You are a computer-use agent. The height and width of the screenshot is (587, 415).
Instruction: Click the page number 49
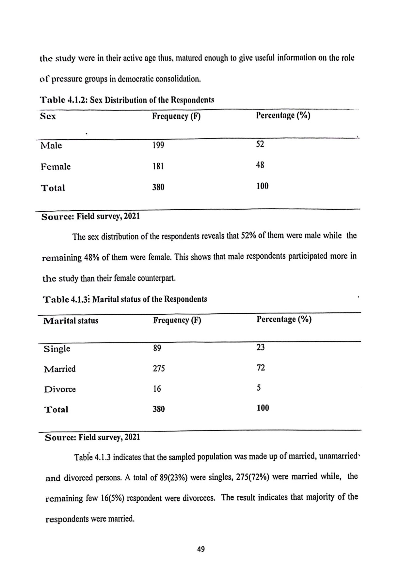point(201,549)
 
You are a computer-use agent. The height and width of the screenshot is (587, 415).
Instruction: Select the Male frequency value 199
point(158,145)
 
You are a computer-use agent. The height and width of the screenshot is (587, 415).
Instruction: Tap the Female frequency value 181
point(158,166)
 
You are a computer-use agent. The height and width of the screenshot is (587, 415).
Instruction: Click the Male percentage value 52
point(260,144)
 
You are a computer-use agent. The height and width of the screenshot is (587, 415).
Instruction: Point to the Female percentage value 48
point(260,165)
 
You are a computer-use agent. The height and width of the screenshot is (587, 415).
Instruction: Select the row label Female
point(56,167)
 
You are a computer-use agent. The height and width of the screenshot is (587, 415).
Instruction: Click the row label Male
point(51,145)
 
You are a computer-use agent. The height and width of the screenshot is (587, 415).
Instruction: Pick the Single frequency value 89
point(157,348)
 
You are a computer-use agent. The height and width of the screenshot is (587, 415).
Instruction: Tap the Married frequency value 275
point(159,369)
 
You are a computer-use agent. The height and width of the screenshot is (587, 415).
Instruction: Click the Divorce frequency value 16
point(157,389)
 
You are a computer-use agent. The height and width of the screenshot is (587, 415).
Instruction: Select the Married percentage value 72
point(261,368)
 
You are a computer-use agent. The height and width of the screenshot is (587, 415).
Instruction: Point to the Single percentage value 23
point(261,347)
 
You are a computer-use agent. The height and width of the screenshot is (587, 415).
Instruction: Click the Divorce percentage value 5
point(259,388)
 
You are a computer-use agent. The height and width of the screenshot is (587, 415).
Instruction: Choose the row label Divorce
point(60,389)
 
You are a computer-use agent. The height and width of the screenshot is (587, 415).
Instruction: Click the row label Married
point(60,369)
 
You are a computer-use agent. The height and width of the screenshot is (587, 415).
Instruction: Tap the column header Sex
point(48,116)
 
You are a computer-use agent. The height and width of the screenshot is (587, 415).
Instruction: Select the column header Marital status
point(71,321)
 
